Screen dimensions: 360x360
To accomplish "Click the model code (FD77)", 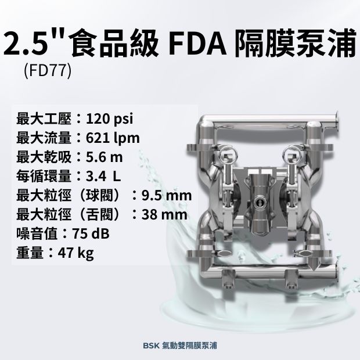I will (48, 71).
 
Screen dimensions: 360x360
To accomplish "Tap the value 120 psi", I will (109, 119).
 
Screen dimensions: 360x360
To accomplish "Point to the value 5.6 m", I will (105, 157).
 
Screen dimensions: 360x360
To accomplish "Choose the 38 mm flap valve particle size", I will (164, 214).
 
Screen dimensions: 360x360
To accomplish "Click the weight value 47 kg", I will (75, 253).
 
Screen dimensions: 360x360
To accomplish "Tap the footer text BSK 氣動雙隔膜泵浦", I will (180, 345).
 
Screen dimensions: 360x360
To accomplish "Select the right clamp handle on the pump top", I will (290, 155).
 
